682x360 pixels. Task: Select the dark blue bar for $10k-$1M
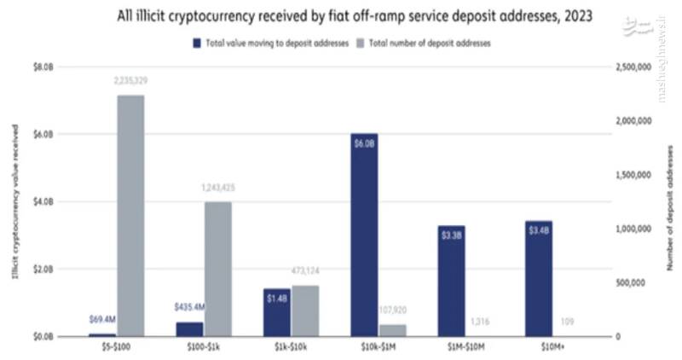tap(363, 235)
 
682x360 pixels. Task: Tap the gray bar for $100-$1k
tap(217, 269)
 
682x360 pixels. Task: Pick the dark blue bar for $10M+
tap(539, 278)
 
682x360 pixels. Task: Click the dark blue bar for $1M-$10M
tap(452, 281)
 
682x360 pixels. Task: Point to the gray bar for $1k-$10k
tap(304, 311)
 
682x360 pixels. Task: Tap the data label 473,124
tap(304, 272)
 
